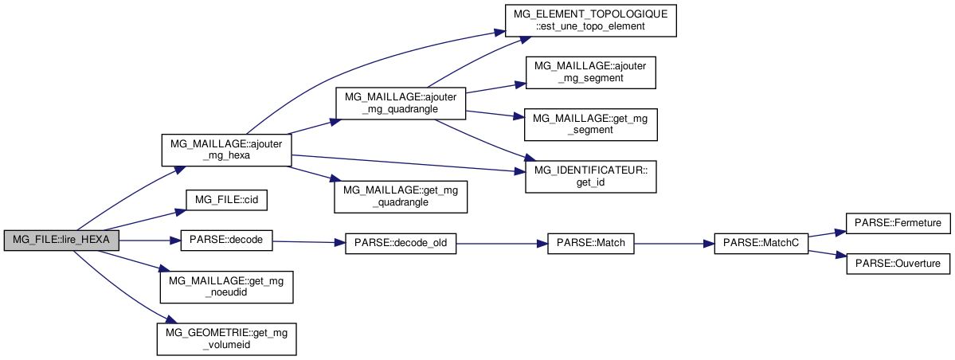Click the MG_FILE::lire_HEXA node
61,241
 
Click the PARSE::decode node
228,241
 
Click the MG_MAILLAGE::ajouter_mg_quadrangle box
400,103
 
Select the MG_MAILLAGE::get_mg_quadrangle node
400,195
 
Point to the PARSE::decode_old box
400,243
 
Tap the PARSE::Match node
590,243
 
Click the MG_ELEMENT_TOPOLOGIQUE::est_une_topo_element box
590,20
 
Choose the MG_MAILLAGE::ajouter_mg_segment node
590,72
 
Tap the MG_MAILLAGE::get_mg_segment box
590,123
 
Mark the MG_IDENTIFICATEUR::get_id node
590,175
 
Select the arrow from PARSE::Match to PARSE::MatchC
673,243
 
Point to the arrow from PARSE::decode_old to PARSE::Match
501,243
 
